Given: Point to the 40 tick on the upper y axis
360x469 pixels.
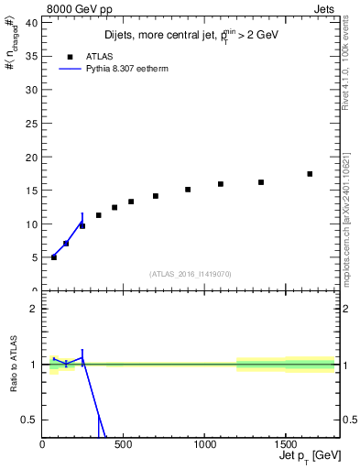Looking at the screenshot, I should pyautogui.click(x=33, y=23).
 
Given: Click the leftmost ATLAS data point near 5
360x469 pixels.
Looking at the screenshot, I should pyautogui.click(x=54, y=257).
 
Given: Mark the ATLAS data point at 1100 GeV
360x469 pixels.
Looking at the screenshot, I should pyautogui.click(x=221, y=184).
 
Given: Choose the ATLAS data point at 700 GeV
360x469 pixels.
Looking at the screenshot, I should pyautogui.click(x=156, y=196).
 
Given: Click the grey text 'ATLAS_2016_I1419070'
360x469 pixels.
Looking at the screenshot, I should pyautogui.click(x=191, y=274).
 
